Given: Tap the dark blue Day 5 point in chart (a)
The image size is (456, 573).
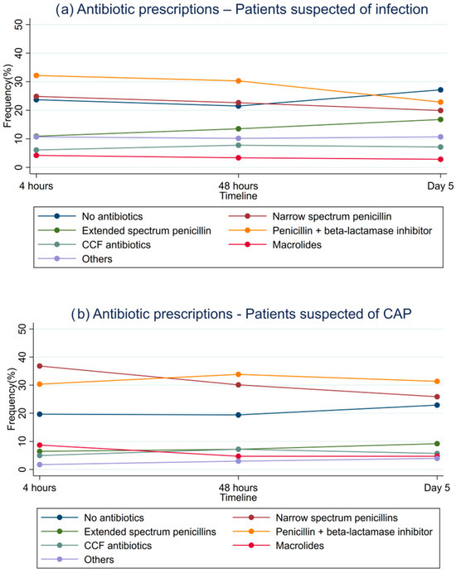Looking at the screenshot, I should [x=439, y=89].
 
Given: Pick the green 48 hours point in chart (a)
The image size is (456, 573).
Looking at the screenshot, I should [x=239, y=128].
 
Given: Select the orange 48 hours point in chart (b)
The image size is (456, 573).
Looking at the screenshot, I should [x=239, y=374].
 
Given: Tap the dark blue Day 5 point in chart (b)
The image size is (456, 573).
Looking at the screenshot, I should [x=439, y=405].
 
